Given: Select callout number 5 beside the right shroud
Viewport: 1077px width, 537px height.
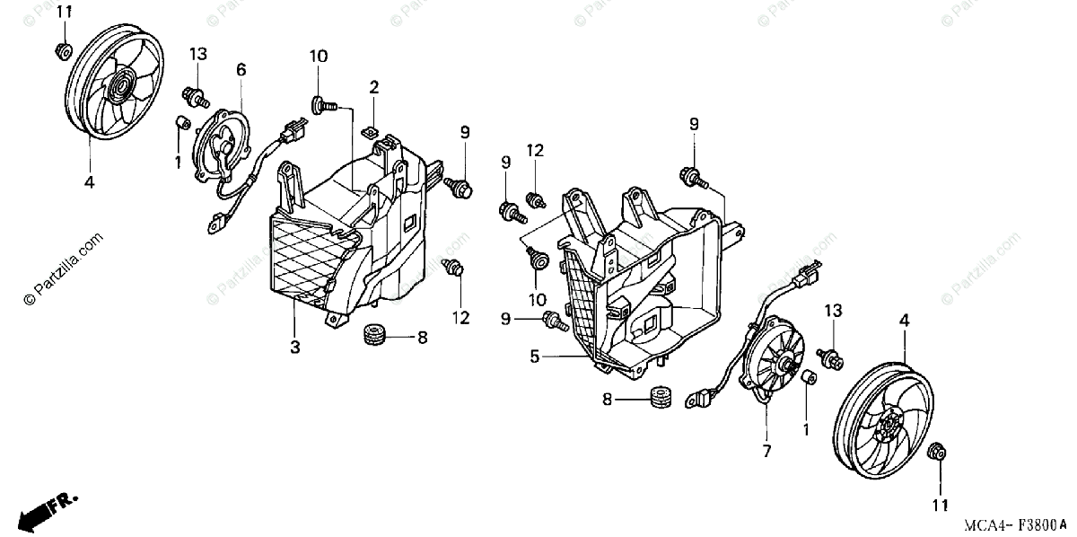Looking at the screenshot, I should click(534, 356).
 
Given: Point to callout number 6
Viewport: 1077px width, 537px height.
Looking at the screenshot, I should click(241, 68).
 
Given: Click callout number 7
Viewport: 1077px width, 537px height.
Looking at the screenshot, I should click(766, 452).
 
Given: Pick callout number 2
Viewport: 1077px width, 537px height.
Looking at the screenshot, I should click(373, 86).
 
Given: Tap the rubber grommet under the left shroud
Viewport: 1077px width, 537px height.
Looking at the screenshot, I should click(373, 337).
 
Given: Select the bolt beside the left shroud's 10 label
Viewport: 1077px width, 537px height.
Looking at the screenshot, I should click(323, 106).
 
